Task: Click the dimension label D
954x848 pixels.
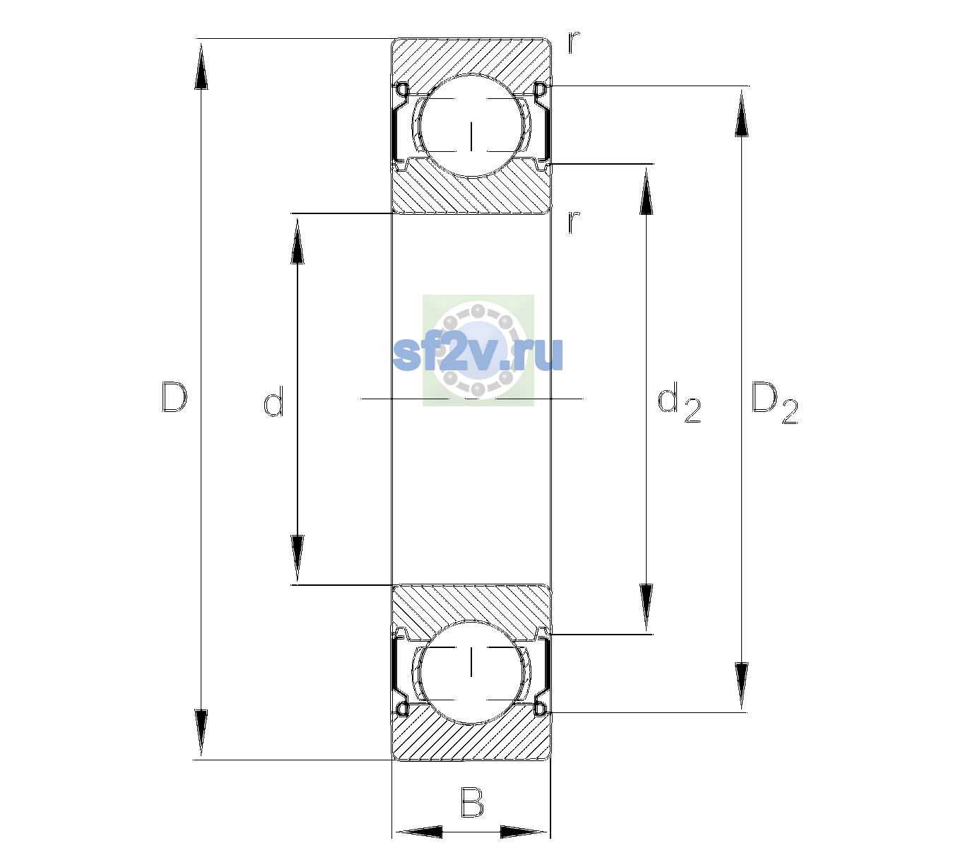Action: pyautogui.click(x=175, y=397)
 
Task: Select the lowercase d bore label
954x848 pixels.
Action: pyautogui.click(x=273, y=401)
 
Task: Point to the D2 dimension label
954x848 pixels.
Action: pyautogui.click(x=775, y=403)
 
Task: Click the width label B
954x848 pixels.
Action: pyautogui.click(x=472, y=801)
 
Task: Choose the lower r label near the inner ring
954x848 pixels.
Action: pyautogui.click(x=574, y=222)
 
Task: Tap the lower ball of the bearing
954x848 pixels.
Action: pyautogui.click(x=471, y=672)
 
